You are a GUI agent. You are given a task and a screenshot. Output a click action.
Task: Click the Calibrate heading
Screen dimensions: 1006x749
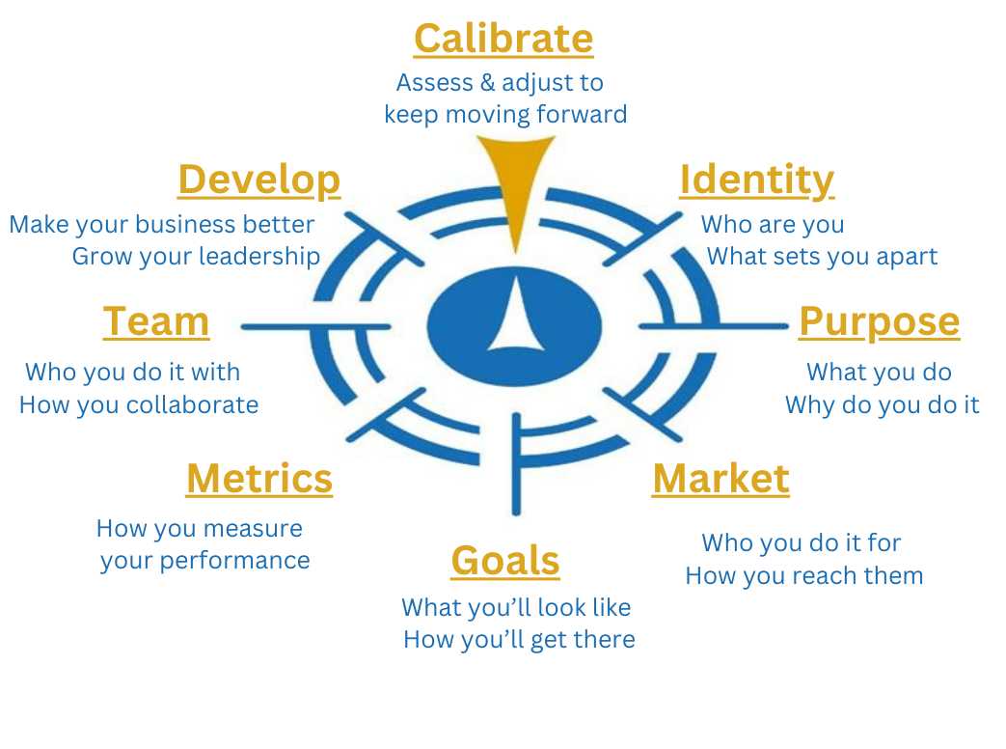[503, 40]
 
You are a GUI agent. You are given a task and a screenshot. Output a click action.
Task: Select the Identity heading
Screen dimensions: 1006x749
[757, 180]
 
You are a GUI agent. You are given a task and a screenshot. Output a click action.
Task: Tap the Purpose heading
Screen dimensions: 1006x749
[879, 322]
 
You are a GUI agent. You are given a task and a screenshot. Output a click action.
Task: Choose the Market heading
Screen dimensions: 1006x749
[721, 479]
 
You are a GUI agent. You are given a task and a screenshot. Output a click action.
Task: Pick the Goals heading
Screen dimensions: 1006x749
[505, 561]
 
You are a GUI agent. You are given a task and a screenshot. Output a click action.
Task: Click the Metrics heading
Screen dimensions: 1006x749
[259, 479]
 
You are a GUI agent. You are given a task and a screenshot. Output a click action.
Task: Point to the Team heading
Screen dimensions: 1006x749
[156, 321]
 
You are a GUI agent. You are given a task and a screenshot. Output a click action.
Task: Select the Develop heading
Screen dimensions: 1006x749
[259, 180]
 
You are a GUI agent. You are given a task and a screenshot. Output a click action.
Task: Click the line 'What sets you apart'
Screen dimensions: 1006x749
[822, 257]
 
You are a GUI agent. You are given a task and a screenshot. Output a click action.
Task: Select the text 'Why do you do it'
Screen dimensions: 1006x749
[883, 405]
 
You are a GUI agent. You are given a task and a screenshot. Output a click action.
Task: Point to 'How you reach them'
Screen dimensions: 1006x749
[804, 575]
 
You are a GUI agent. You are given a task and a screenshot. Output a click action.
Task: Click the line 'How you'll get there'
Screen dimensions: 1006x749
[520, 639]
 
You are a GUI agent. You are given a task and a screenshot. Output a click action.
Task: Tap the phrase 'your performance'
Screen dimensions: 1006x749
[205, 561]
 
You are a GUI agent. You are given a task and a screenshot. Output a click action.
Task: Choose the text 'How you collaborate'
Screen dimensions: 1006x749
[139, 405]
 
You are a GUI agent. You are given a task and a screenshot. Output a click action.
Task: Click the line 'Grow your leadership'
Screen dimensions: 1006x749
[197, 257]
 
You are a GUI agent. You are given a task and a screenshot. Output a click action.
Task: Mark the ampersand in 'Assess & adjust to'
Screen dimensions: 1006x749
[488, 83]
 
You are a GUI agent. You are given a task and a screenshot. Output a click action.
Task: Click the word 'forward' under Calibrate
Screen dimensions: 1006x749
[582, 114]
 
